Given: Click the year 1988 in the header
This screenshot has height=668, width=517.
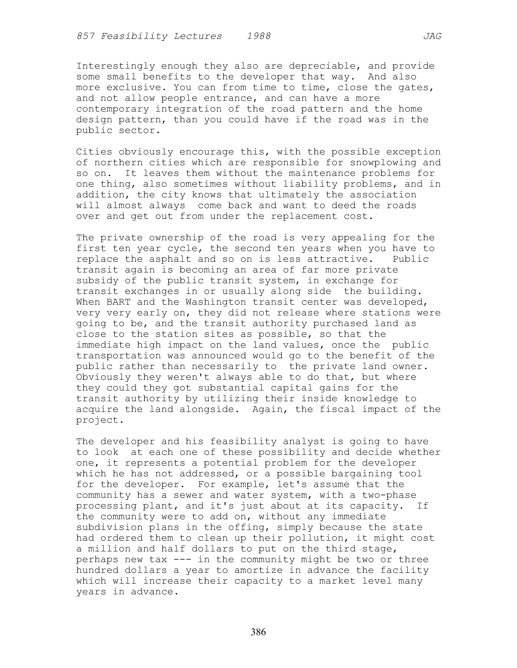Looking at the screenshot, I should (259, 36).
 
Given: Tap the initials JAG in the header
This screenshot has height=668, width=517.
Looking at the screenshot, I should (432, 36).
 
